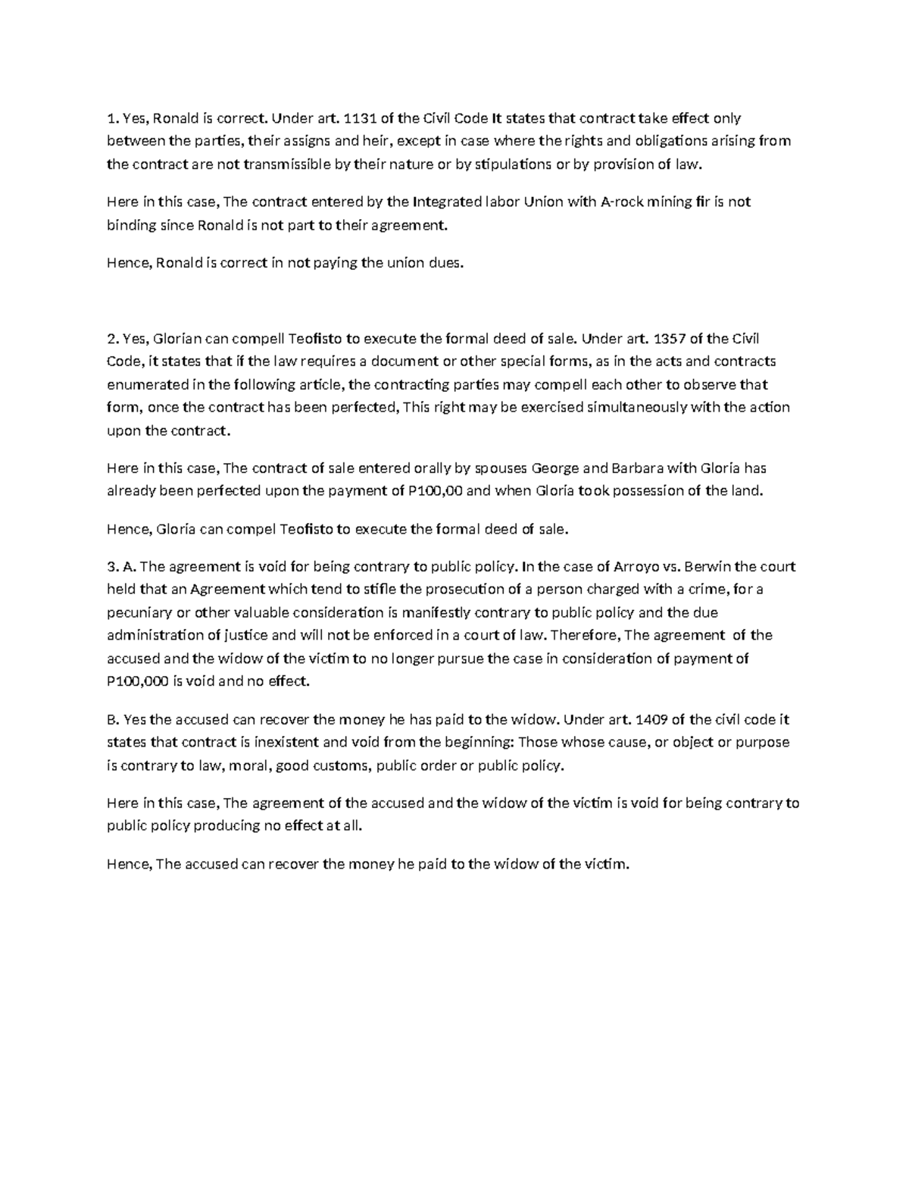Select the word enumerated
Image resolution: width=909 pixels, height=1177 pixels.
[144, 384]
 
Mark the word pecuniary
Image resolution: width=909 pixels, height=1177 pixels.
[139, 612]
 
